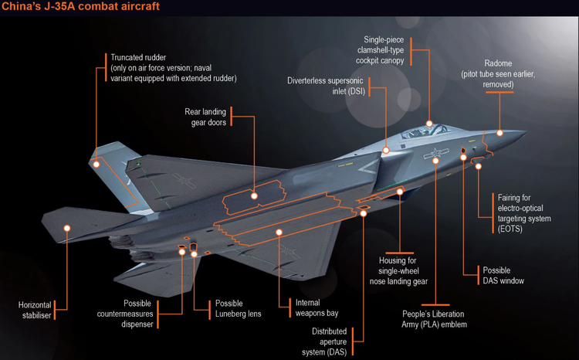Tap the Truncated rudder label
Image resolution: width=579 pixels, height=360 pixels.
(173, 68)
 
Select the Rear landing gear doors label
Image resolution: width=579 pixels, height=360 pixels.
(205, 117)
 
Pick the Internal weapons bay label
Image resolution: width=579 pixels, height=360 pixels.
(317, 308)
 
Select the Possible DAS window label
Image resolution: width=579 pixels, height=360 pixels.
(503, 276)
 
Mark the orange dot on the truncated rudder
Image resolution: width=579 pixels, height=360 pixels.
(96, 163)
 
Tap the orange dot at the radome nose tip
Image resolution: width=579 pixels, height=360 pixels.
(500, 133)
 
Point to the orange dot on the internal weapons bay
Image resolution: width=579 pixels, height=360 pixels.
(279, 231)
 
